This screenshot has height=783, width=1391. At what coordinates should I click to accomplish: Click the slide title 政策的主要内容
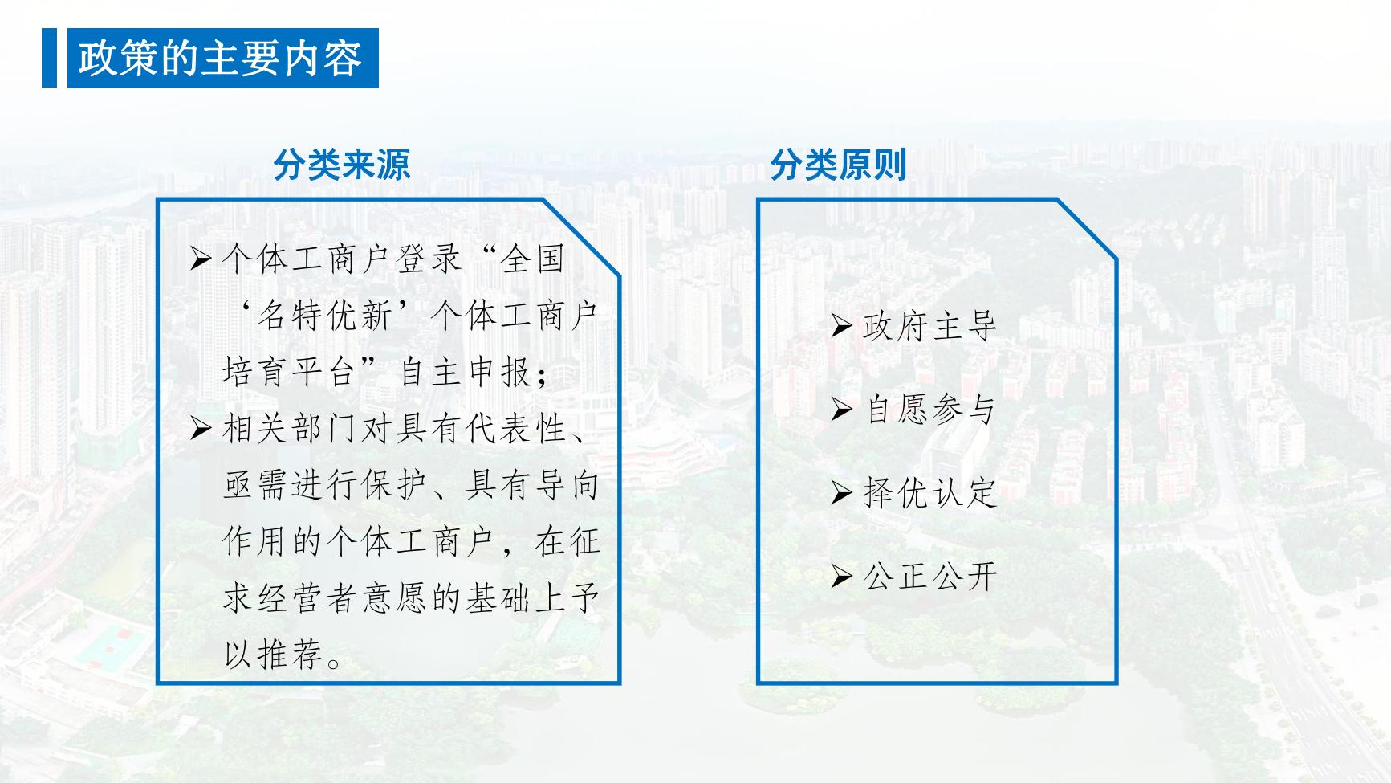tap(221, 59)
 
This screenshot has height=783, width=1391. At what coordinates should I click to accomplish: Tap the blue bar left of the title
tap(49, 58)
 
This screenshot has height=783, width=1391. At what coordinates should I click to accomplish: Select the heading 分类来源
tap(342, 165)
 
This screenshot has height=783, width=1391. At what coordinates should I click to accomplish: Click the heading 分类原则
tap(839, 165)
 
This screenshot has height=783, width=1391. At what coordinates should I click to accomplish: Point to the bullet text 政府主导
tap(929, 326)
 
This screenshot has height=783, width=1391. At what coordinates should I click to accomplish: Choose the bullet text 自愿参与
tap(929, 410)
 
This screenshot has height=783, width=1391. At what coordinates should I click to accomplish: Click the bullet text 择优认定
tap(929, 492)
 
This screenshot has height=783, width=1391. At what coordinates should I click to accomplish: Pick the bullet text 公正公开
tap(929, 576)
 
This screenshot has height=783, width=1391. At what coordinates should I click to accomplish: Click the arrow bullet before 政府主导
tap(841, 325)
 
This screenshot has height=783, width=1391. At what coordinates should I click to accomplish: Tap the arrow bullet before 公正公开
tap(841, 575)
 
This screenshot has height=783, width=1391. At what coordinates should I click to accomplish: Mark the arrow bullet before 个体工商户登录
tap(201, 259)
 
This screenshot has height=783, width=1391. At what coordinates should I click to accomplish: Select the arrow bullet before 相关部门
tap(201, 428)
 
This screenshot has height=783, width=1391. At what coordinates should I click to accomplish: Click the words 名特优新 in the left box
tap(325, 316)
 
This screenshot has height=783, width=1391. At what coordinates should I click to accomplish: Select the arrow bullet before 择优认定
tap(841, 491)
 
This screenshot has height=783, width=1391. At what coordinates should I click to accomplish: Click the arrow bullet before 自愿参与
tap(841, 409)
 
